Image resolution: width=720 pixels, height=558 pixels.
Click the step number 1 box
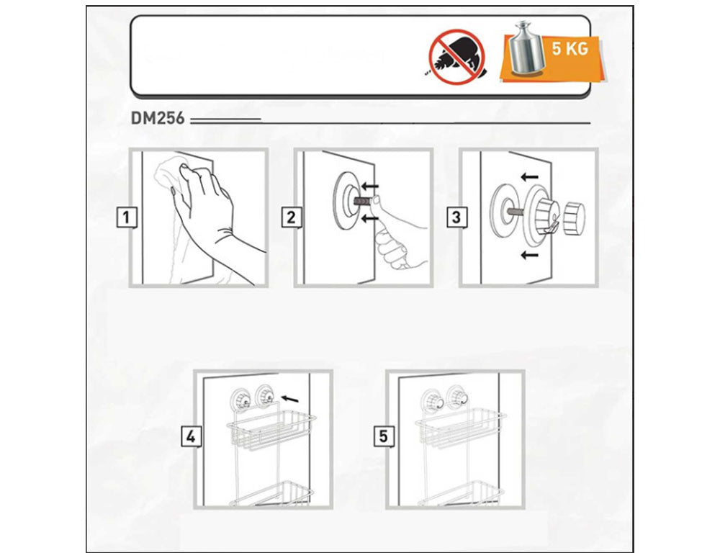(126, 217)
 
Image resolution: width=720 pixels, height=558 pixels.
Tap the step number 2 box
(291, 217)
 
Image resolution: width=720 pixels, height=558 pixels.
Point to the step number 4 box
(191, 436)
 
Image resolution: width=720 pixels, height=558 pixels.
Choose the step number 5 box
(383, 436)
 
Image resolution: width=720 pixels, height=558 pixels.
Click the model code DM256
(158, 119)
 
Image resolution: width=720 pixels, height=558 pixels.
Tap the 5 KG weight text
(570, 48)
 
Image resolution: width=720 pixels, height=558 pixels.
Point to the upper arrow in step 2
(369, 186)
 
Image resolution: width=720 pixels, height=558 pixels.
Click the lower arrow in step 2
(369, 219)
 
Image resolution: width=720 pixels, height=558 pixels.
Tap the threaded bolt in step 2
(362, 201)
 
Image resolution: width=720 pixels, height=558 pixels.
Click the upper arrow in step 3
(529, 176)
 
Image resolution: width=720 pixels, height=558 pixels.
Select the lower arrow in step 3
(529, 254)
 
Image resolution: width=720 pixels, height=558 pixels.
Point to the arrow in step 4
(289, 397)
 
